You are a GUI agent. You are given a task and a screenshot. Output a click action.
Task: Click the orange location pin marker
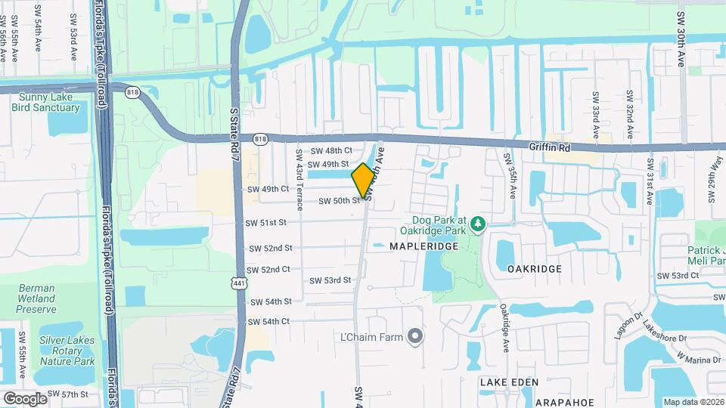tap(363, 180)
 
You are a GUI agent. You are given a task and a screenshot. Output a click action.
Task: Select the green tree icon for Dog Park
tap(477, 224)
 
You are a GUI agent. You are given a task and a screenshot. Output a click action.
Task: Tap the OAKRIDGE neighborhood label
tap(534, 269)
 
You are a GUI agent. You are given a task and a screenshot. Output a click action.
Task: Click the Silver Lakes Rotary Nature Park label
tap(67, 351)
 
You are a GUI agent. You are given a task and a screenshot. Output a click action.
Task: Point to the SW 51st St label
tap(266, 223)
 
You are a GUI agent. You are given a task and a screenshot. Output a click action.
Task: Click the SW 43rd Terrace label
tap(299, 179)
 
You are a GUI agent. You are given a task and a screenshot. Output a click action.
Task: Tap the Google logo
tap(25, 398)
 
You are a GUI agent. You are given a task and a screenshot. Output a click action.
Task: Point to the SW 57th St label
tap(68, 394)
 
